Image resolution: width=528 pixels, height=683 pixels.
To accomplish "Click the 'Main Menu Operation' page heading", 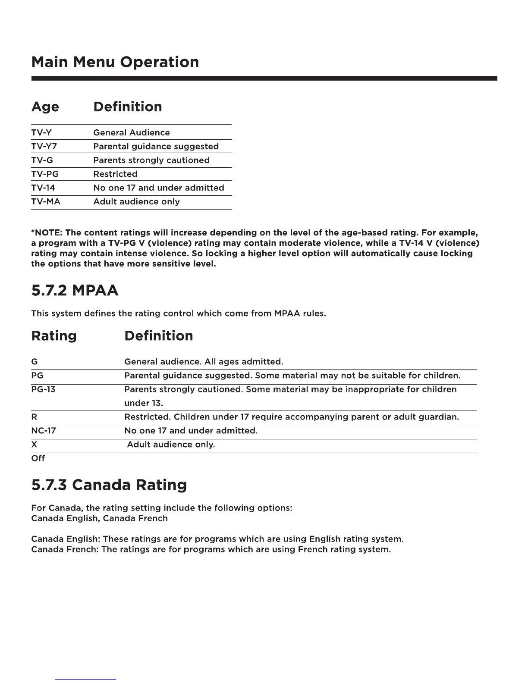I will pyautogui.click(x=115, y=62).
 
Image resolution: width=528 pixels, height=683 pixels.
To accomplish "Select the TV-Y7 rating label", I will pyautogui.click(x=44, y=146).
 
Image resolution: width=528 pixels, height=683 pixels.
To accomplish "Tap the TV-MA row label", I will pyautogui.click(x=46, y=201).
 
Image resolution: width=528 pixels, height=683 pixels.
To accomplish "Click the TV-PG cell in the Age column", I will pyautogui.click(x=45, y=174).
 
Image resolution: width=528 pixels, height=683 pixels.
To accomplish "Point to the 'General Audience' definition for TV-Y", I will pyautogui.click(x=132, y=132).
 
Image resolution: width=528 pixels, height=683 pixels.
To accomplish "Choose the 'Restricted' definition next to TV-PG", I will pyautogui.click(x=116, y=174).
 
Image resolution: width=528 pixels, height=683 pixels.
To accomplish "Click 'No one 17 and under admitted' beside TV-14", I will pyautogui.click(x=159, y=188).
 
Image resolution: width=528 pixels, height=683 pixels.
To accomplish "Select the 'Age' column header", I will pyautogui.click(x=45, y=107).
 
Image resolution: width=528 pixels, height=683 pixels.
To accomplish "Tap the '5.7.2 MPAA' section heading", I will pyautogui.click(x=75, y=290).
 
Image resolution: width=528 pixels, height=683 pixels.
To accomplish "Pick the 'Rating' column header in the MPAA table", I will pyautogui.click(x=54, y=336).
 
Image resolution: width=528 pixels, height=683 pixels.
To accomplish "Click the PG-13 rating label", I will pyautogui.click(x=43, y=389).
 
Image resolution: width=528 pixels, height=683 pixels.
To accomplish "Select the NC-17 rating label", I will pyautogui.click(x=44, y=430).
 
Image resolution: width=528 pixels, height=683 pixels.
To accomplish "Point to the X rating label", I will pyautogui.click(x=34, y=444).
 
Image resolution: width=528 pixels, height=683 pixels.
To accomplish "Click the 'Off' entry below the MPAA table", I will pyautogui.click(x=38, y=458).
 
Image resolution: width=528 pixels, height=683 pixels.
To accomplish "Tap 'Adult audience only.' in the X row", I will pyautogui.click(x=171, y=444).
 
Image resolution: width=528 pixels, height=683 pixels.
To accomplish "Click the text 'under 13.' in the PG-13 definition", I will pyautogui.click(x=144, y=403).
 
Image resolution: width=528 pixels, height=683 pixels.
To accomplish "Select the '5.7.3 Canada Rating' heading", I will pyautogui.click(x=109, y=485).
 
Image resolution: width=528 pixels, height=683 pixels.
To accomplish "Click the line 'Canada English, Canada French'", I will pyautogui.click(x=100, y=518).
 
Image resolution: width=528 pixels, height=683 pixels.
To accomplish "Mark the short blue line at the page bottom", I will pyautogui.click(x=85, y=679).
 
